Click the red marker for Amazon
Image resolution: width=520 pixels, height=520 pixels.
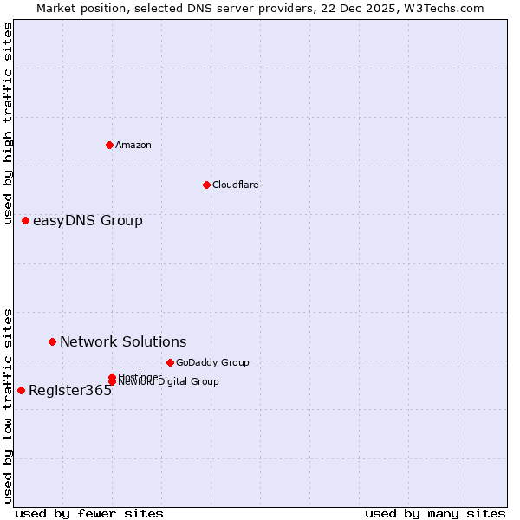pos(109,145)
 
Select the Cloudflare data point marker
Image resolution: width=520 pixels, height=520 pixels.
pos(206,185)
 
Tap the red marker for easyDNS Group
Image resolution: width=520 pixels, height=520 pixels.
pos(25,221)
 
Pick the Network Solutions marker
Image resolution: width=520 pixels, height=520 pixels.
pos(52,342)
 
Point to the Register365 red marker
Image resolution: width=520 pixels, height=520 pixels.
pos(21,390)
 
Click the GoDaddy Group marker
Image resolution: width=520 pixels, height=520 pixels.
pos(170,362)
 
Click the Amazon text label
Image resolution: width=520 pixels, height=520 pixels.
pos(133,145)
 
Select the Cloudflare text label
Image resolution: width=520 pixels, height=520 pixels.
pos(235,185)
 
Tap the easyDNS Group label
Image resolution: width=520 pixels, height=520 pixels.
pos(88,221)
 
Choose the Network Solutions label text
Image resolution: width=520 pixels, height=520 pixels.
pos(123,342)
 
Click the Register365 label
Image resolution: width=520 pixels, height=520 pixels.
pos(70,391)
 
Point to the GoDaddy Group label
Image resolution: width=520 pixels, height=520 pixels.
pos(212,362)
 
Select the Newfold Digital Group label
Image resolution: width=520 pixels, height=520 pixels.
pos(170,382)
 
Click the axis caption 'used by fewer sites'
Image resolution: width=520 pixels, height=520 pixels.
pos(89,513)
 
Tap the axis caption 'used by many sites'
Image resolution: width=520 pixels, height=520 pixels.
pos(435,513)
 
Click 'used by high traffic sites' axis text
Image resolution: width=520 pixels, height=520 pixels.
pos(9,123)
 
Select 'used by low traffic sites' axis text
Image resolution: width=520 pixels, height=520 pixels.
pos(9,406)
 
